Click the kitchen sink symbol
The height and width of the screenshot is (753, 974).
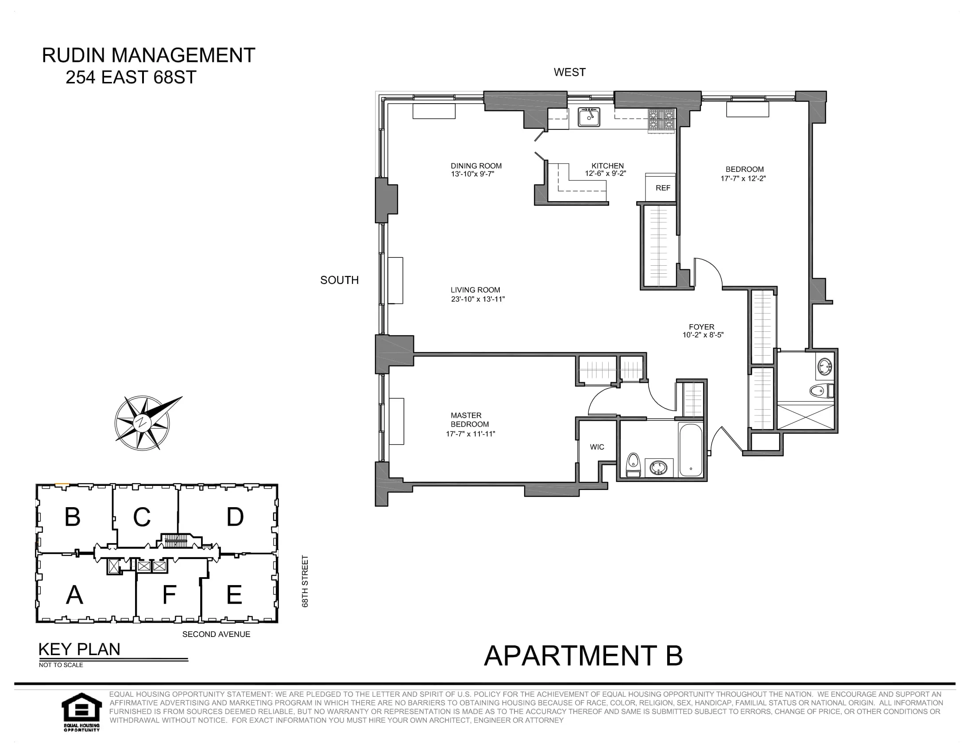coord(589,117)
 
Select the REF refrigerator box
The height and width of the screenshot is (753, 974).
coord(662,188)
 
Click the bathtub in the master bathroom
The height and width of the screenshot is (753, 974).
coord(690,449)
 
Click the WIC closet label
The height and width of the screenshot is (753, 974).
coord(597,447)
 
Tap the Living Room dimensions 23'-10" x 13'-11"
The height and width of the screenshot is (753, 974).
coord(478,299)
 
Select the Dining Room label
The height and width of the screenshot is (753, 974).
coord(476,166)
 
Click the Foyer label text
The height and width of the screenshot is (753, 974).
coord(701,326)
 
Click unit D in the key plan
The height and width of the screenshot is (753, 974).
coord(235,516)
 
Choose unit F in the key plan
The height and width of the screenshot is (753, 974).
coord(169,594)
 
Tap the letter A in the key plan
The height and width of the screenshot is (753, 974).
coord(74,594)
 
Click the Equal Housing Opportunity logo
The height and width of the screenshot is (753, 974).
coord(81,711)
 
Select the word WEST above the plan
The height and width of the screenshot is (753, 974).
coord(569,72)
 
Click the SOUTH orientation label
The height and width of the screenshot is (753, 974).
coord(340,280)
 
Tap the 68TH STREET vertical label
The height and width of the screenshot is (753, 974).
coord(305,581)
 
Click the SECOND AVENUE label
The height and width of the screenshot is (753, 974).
coord(216,634)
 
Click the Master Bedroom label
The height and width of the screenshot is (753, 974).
coord(469,419)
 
